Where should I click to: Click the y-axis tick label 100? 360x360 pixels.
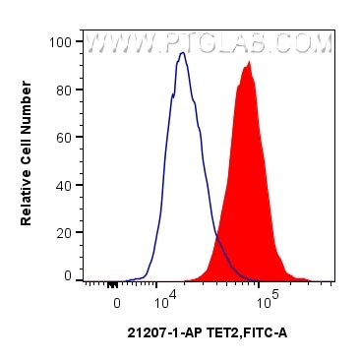[60, 42]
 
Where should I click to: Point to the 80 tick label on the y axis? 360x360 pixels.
[64, 90]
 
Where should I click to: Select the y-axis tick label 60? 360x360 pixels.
[64, 137]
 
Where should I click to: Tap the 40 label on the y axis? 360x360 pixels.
[64, 184]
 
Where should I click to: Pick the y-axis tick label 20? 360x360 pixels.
[64, 231]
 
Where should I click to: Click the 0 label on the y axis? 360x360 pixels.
[67, 276]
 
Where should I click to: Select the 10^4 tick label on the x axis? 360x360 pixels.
[164, 294]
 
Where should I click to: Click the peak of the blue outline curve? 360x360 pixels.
[182, 53]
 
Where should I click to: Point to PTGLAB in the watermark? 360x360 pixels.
[225, 44]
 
